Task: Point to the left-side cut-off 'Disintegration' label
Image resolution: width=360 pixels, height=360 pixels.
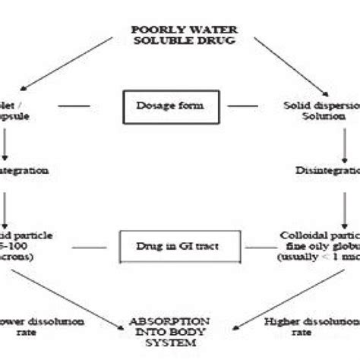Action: [x=23, y=171]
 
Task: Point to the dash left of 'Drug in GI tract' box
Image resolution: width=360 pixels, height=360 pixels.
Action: [x=95, y=246]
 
